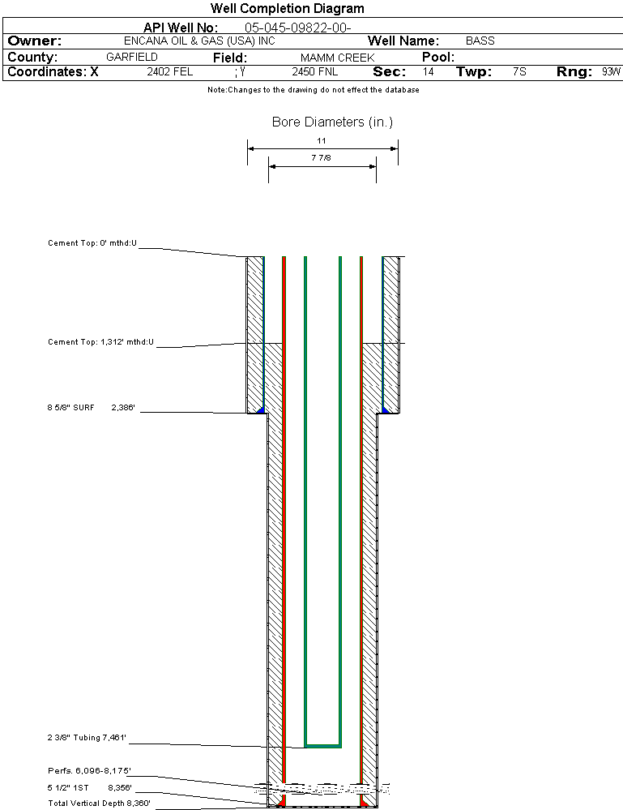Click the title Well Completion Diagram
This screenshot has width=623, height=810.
[287, 9]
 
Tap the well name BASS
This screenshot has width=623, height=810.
[480, 41]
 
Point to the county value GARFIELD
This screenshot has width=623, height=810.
[132, 58]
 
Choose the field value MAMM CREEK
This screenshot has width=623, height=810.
[337, 58]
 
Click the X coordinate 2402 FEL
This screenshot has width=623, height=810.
[169, 72]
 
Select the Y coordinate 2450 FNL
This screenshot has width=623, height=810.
[314, 72]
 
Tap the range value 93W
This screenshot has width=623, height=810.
[611, 72]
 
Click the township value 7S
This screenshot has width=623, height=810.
[519, 72]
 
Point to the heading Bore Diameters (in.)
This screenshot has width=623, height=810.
[332, 122]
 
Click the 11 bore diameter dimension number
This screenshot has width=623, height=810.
[322, 140]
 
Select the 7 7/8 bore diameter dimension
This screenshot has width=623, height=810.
[321, 158]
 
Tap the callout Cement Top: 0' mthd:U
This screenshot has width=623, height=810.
[92, 243]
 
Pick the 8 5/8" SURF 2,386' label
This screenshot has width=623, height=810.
[91, 408]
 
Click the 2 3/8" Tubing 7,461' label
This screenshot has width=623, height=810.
[87, 738]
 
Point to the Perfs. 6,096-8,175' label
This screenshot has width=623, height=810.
[89, 770]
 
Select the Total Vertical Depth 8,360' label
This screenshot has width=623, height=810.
[99, 803]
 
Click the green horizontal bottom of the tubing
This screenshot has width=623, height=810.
[322, 744]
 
